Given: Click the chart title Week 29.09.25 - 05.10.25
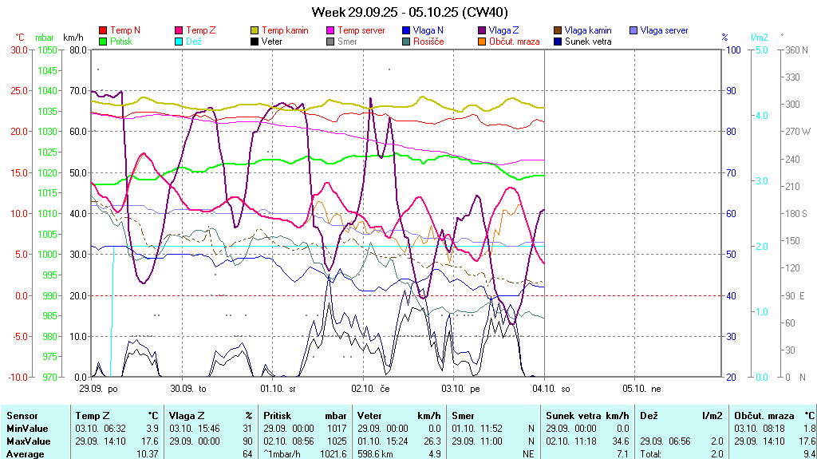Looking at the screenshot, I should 409,12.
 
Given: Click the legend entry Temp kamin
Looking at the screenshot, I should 283,30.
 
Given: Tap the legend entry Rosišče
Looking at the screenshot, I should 428,42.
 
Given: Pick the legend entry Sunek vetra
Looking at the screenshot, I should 588,42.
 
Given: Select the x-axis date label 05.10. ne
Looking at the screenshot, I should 645,388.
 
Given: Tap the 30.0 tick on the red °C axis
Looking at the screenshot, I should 17,49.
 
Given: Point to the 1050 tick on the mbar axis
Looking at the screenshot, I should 47,49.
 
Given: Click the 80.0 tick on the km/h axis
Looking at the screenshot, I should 77,49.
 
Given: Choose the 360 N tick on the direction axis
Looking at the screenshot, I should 796,49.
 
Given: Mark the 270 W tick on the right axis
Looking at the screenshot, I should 797,132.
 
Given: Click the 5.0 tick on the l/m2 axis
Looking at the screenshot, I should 761,49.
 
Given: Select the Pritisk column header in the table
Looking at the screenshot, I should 278,416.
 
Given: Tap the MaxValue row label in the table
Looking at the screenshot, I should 28,441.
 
